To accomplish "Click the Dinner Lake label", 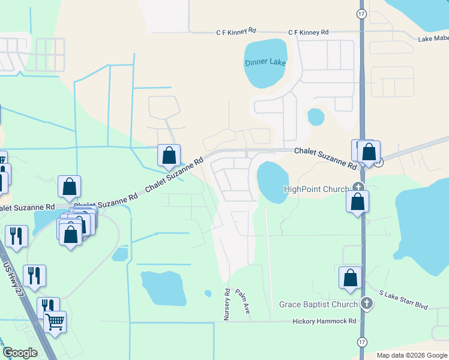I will click(265, 62).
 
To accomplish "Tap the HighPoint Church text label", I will click(316, 189).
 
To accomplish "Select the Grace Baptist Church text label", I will click(318, 304).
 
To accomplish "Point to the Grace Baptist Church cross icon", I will click(367, 304).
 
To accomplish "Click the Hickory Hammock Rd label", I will click(324, 321).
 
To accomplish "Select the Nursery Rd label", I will click(228, 304).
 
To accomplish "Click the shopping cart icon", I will click(55, 322).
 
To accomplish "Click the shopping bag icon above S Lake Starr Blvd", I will click(351, 278).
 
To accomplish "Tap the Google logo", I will click(20, 353).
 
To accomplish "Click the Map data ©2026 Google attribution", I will click(411, 355).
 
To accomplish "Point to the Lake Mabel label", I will click(433, 38).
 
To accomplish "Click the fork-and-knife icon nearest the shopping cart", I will click(47, 307).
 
